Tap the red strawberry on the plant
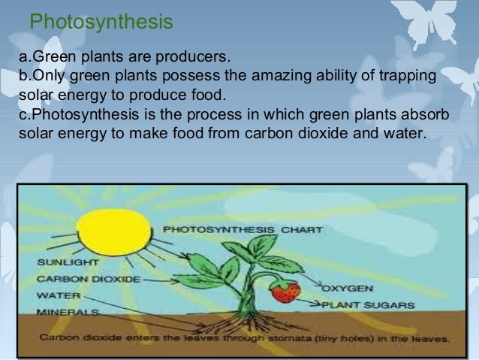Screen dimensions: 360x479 (x=284, y=292)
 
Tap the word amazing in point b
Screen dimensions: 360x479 (x=288, y=77)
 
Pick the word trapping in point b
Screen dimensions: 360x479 (x=413, y=77)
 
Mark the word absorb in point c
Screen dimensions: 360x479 (x=427, y=116)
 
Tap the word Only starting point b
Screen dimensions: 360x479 (x=35, y=77)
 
